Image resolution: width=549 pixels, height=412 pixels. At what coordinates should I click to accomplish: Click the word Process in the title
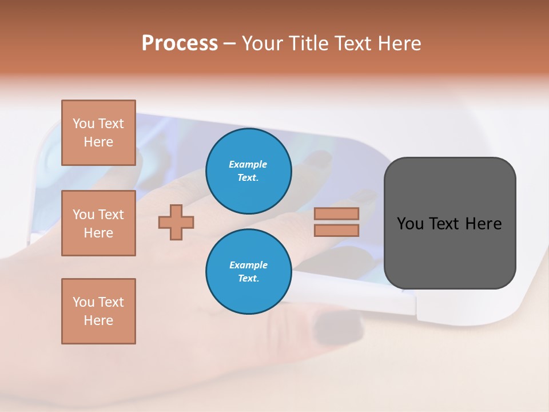(x=180, y=43)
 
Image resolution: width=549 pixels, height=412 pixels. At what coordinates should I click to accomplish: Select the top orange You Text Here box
(x=98, y=133)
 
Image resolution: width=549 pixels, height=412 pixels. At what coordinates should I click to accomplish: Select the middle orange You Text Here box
(x=98, y=223)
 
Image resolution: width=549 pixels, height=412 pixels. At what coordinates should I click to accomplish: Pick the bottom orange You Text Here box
(x=98, y=311)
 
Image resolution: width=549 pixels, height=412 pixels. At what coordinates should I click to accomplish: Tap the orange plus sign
(x=176, y=222)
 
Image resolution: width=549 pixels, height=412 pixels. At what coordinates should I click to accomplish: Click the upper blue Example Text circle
(x=248, y=171)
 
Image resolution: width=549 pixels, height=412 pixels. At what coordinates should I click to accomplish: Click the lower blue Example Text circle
(x=248, y=271)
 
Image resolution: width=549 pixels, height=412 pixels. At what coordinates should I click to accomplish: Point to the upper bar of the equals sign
(x=336, y=213)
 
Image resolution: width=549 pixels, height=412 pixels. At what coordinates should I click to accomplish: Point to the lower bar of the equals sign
(x=336, y=230)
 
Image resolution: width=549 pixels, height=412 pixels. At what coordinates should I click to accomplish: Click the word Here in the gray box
(x=483, y=224)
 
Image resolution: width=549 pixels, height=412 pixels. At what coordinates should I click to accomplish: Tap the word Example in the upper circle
(x=248, y=164)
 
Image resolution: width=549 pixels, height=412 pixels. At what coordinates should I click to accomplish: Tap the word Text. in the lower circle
(x=248, y=278)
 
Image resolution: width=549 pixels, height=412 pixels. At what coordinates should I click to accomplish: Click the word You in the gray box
(x=410, y=224)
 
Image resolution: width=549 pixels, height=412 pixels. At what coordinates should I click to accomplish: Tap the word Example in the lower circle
(x=248, y=265)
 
